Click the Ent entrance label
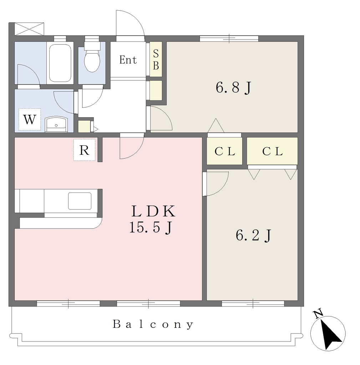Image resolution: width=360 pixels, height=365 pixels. click(x=128, y=60)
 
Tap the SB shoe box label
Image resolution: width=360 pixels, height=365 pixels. click(x=156, y=60)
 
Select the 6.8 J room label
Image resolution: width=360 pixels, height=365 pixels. click(x=233, y=88)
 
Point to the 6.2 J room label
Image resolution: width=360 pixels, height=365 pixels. click(x=254, y=235)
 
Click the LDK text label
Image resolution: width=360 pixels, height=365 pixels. click(x=153, y=211)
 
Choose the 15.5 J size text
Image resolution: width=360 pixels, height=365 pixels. click(x=151, y=227)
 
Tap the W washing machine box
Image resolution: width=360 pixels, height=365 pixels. click(x=30, y=119)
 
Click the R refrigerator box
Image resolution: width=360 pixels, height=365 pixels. click(x=84, y=150)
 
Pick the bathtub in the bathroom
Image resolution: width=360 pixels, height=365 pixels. click(x=60, y=63)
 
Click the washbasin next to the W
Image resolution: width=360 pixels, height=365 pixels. click(x=56, y=124)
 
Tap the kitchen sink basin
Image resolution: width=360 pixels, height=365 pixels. click(x=80, y=201)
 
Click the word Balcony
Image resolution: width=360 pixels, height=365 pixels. click(x=153, y=324)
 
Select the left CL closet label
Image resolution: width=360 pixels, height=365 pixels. click(x=225, y=151)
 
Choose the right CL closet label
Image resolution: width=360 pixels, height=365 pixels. click(x=272, y=151)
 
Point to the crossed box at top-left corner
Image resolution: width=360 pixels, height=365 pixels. click(x=29, y=29)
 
